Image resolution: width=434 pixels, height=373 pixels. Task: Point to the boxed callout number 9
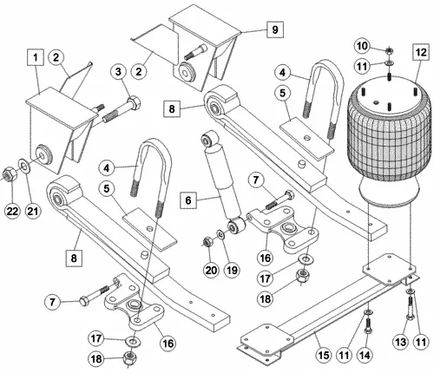[273, 29]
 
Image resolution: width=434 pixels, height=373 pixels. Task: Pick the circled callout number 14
[365, 355]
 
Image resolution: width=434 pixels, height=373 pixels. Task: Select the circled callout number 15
[323, 355]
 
